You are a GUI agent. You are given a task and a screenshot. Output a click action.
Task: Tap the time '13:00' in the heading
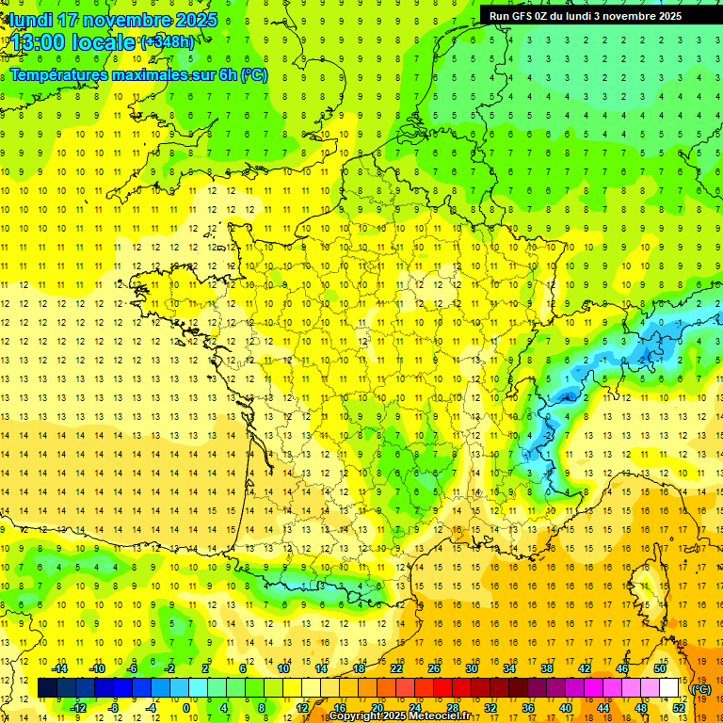38,42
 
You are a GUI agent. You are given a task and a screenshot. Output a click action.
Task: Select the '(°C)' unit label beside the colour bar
701,689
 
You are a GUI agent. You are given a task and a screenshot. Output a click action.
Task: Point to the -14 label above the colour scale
59,668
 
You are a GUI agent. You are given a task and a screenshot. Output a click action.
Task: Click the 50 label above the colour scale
660,668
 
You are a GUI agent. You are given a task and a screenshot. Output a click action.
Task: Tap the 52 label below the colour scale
679,707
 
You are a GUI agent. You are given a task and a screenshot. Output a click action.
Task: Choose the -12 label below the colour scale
78,707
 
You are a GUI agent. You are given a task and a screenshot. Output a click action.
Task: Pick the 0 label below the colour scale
185,707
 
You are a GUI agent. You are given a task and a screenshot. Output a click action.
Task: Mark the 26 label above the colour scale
434,668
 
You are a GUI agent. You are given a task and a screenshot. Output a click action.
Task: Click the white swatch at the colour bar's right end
669,688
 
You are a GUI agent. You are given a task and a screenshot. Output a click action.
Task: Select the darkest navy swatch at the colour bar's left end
47,688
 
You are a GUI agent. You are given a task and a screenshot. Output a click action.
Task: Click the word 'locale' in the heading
103,42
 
